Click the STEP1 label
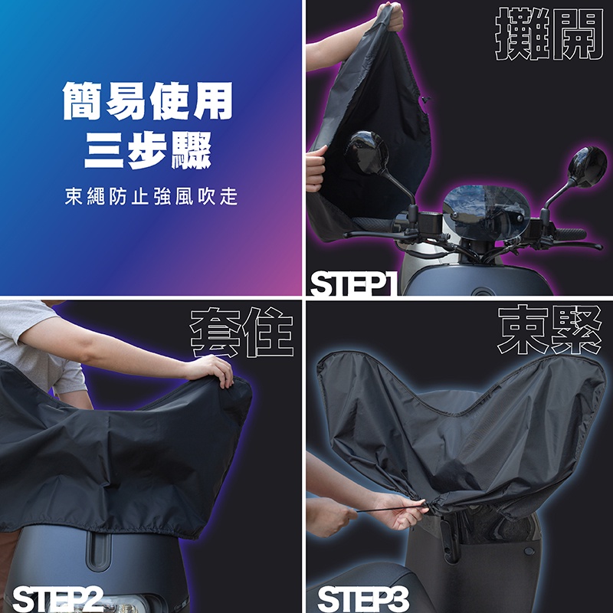(x=354, y=284)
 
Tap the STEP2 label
(x=58, y=598)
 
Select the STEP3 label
(x=363, y=598)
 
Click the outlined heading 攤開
(x=549, y=34)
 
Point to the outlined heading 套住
(x=241, y=333)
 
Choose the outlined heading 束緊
(x=549, y=329)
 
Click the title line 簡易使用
(x=148, y=101)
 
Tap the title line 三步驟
(x=148, y=150)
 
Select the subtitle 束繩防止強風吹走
(x=151, y=196)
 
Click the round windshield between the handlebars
(x=487, y=212)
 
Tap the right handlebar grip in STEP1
(x=570, y=234)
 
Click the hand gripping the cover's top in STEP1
(x=389, y=16)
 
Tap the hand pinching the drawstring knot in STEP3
(x=398, y=510)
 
